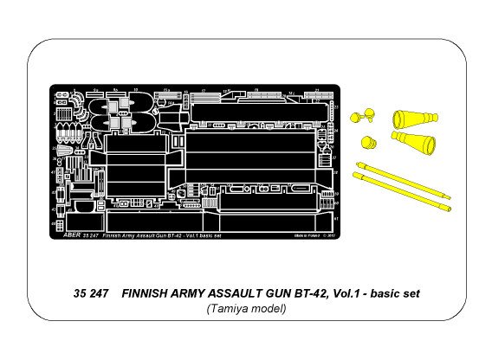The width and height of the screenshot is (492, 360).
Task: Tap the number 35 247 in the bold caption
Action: click(x=92, y=294)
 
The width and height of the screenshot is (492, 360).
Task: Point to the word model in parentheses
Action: click(x=270, y=309)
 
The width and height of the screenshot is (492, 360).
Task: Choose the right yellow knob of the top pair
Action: click(x=373, y=112)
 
